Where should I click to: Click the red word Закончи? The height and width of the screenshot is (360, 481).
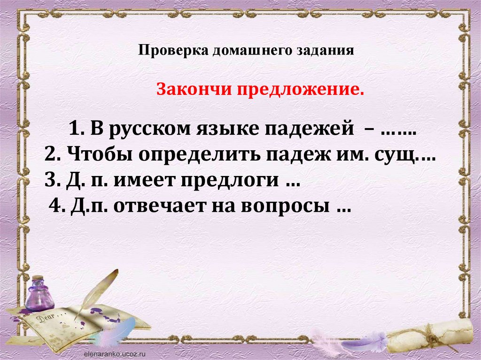click(x=194, y=90)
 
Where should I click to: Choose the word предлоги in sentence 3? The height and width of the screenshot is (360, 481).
click(x=229, y=181)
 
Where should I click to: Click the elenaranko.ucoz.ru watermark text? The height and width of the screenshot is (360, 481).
click(x=114, y=353)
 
